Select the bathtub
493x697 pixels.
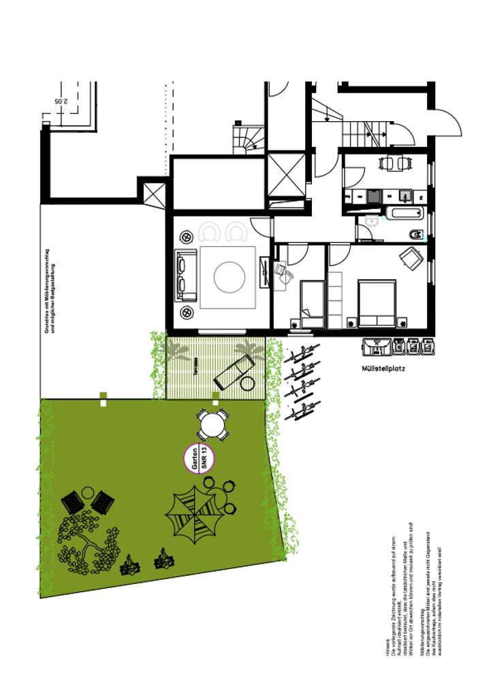[x=406, y=213]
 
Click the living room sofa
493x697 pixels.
[x=184, y=275]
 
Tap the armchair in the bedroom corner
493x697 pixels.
[x=411, y=258]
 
